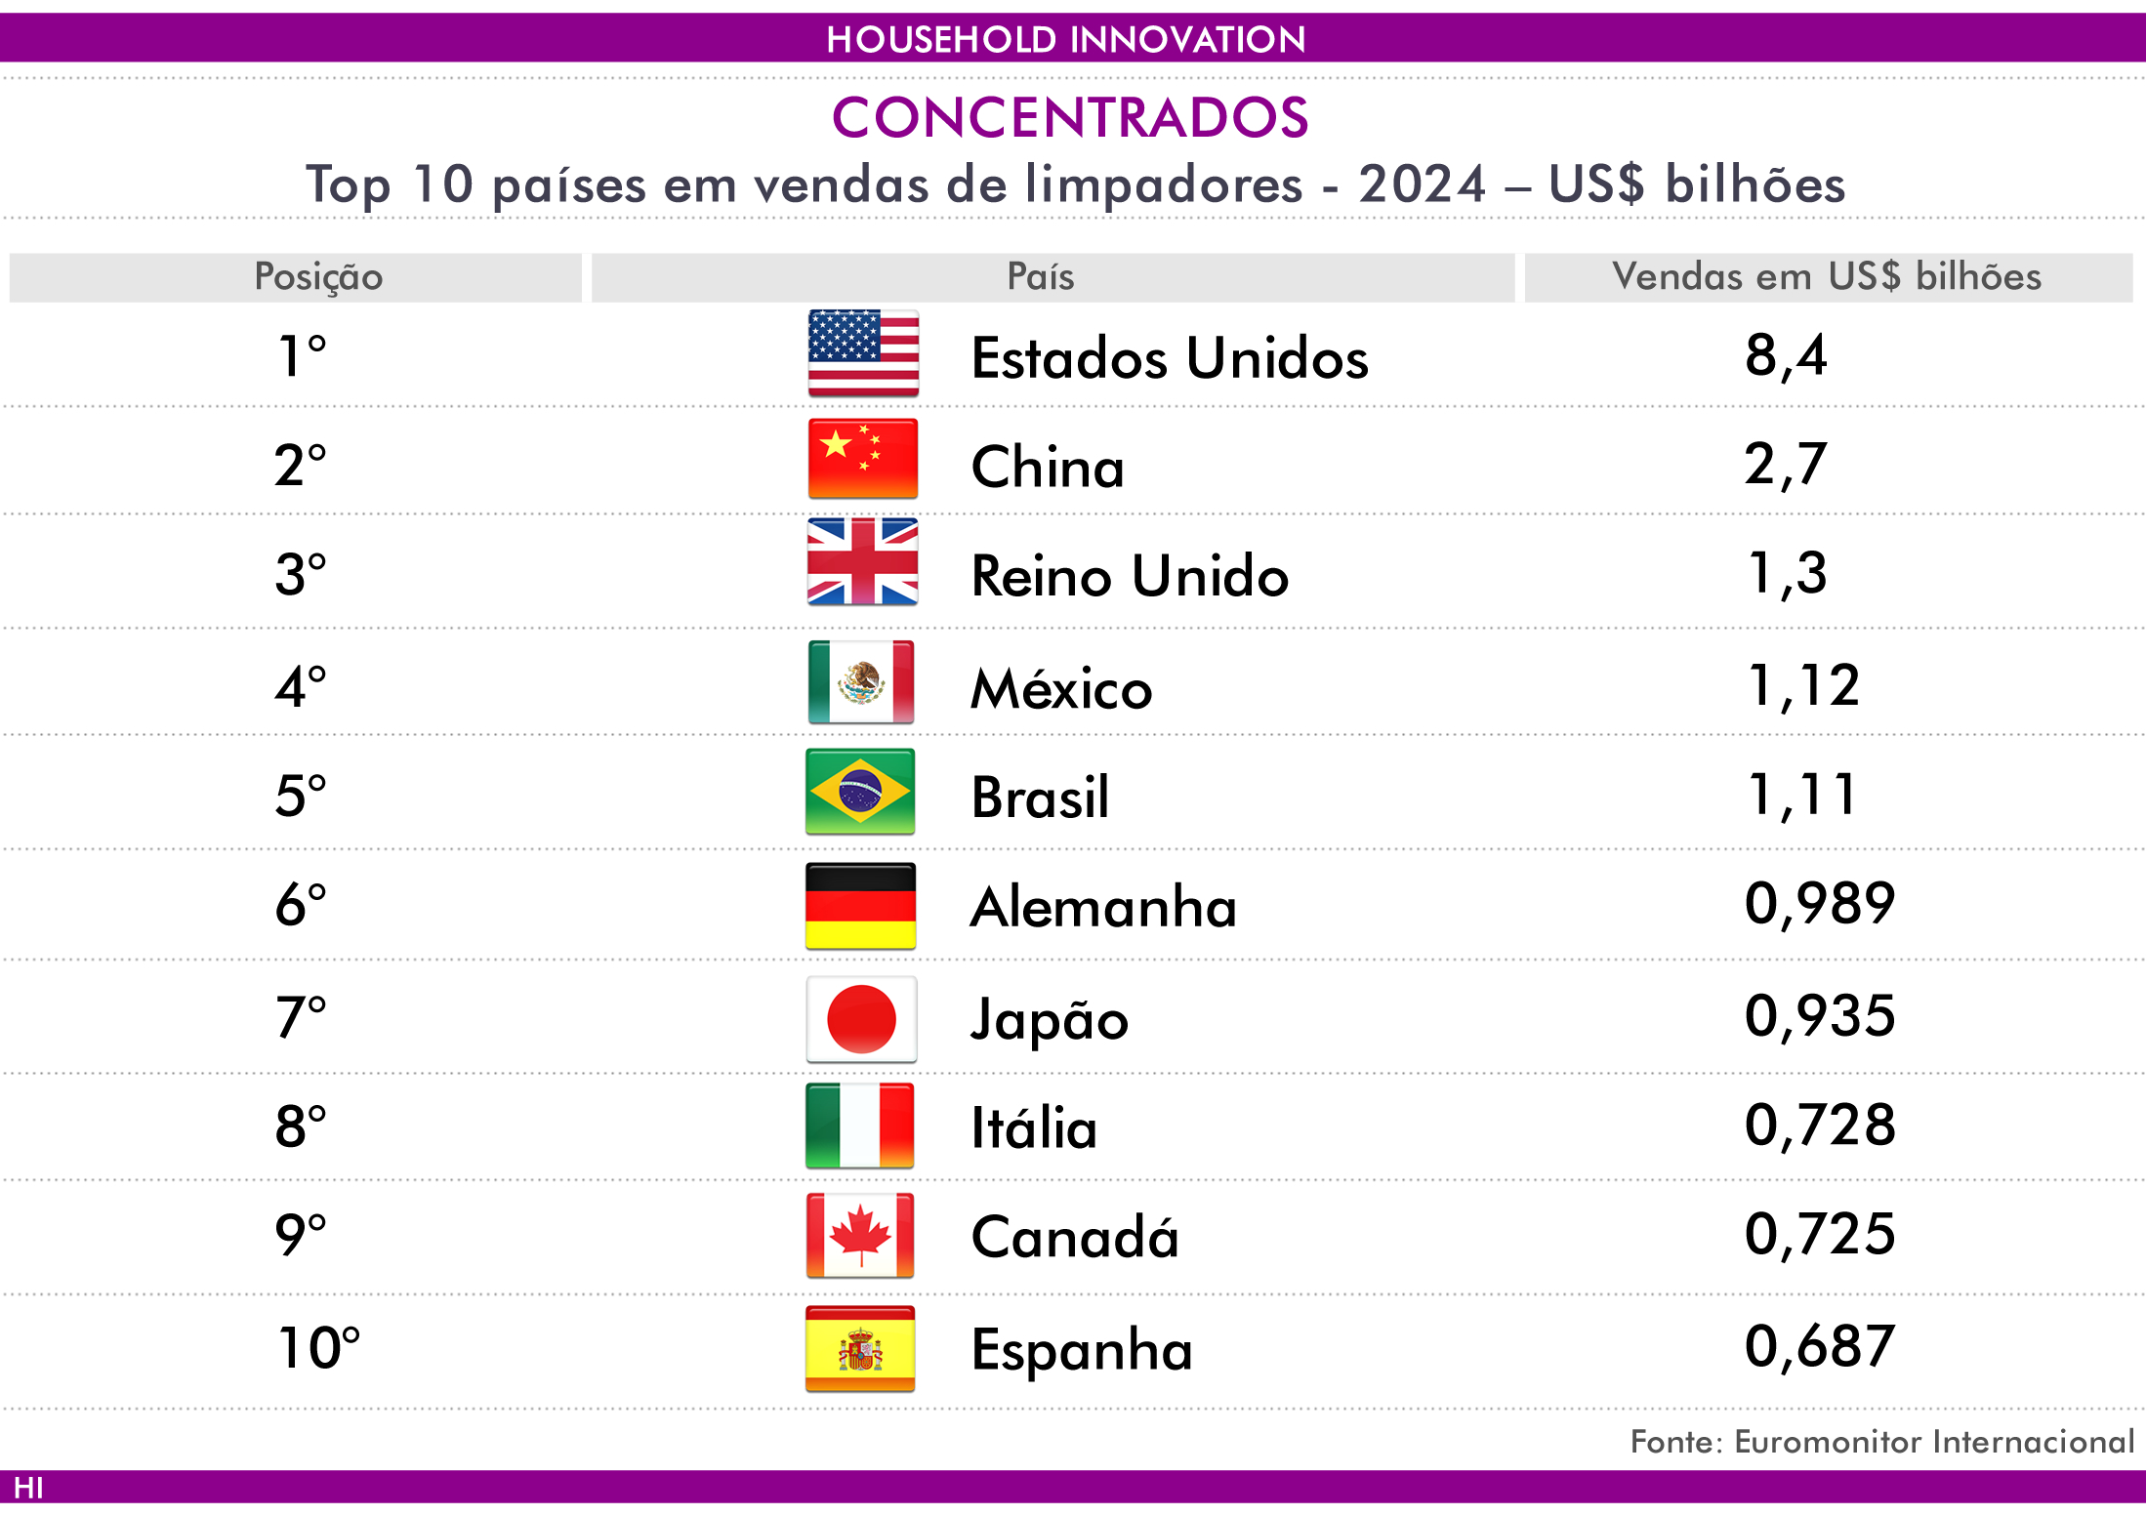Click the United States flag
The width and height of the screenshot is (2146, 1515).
click(x=863, y=353)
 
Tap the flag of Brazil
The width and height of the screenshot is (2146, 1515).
click(x=860, y=792)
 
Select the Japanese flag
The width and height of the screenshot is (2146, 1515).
click(x=861, y=1019)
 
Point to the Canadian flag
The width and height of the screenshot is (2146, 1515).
click(x=860, y=1236)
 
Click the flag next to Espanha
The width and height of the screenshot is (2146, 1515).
click(x=860, y=1349)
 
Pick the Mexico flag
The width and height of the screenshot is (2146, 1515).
click(x=861, y=682)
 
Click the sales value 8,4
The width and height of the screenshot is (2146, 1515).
click(x=1786, y=355)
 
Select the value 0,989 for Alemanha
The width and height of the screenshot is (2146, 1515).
click(x=1820, y=904)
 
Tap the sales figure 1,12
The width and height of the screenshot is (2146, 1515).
click(x=1803, y=686)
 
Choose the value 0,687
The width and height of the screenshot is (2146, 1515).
click(x=1820, y=1347)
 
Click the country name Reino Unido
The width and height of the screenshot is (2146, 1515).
click(x=1130, y=575)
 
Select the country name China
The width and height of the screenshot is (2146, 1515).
click(x=1048, y=467)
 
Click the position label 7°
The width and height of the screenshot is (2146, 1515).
click(x=301, y=1017)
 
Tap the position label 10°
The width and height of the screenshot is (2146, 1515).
click(x=319, y=1348)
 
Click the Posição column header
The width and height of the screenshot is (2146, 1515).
click(x=318, y=277)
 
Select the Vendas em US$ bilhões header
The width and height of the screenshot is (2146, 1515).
click(x=1827, y=276)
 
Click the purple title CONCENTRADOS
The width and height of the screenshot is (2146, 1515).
click(x=1070, y=117)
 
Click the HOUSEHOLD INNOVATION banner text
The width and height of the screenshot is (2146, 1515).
click(x=1066, y=39)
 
